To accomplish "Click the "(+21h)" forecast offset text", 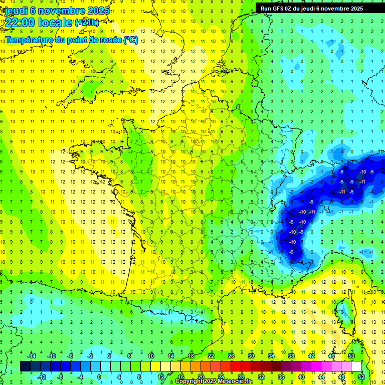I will (87, 22).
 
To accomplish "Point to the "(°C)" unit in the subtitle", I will (130, 40).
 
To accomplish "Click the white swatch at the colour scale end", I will (356, 366).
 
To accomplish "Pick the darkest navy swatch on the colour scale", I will (25, 366).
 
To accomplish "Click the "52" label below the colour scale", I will (361, 377).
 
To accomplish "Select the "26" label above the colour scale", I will (231, 356).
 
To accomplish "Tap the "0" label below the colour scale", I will (99, 377).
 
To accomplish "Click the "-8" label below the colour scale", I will (60, 377).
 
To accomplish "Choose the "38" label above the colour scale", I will (291, 356).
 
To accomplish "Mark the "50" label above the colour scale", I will (351, 356).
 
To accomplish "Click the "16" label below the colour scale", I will (181, 377).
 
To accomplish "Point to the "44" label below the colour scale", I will (321, 377).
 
